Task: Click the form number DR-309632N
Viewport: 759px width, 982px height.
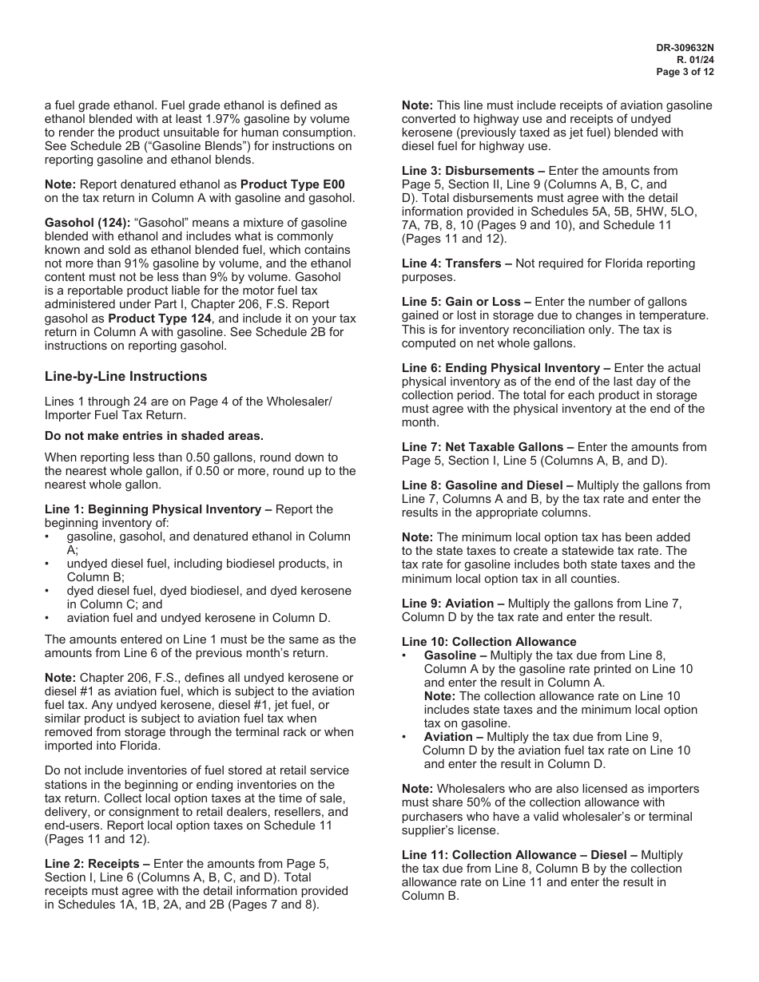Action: (x=685, y=48)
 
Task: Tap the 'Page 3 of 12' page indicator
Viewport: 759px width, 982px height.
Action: (x=685, y=72)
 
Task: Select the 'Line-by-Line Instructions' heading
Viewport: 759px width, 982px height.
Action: (x=125, y=377)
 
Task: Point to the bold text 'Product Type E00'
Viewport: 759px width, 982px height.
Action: (x=292, y=184)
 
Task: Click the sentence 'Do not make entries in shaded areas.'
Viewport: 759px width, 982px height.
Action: (x=153, y=436)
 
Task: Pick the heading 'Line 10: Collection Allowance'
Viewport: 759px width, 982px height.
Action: (x=489, y=642)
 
